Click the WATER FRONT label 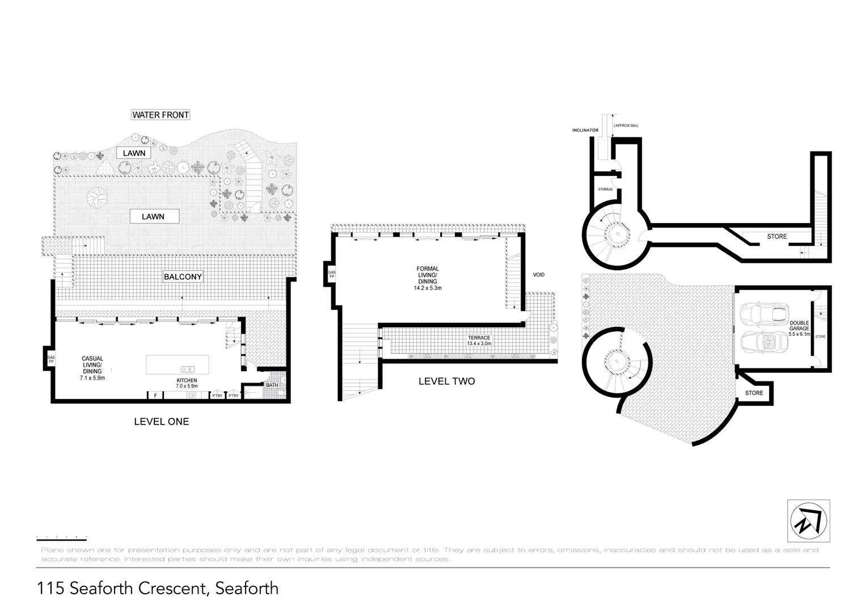(x=160, y=115)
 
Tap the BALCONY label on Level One (x=183, y=277)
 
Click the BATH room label (x=272, y=385)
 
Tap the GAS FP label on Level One (x=50, y=359)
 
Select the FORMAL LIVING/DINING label (x=427, y=278)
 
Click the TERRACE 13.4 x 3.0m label (x=479, y=341)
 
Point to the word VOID (x=538, y=275)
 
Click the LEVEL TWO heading (x=446, y=381)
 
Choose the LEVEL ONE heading (x=161, y=422)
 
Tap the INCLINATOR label (x=585, y=131)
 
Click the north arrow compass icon (x=808, y=520)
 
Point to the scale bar (x=61, y=538)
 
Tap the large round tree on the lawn (x=97, y=199)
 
